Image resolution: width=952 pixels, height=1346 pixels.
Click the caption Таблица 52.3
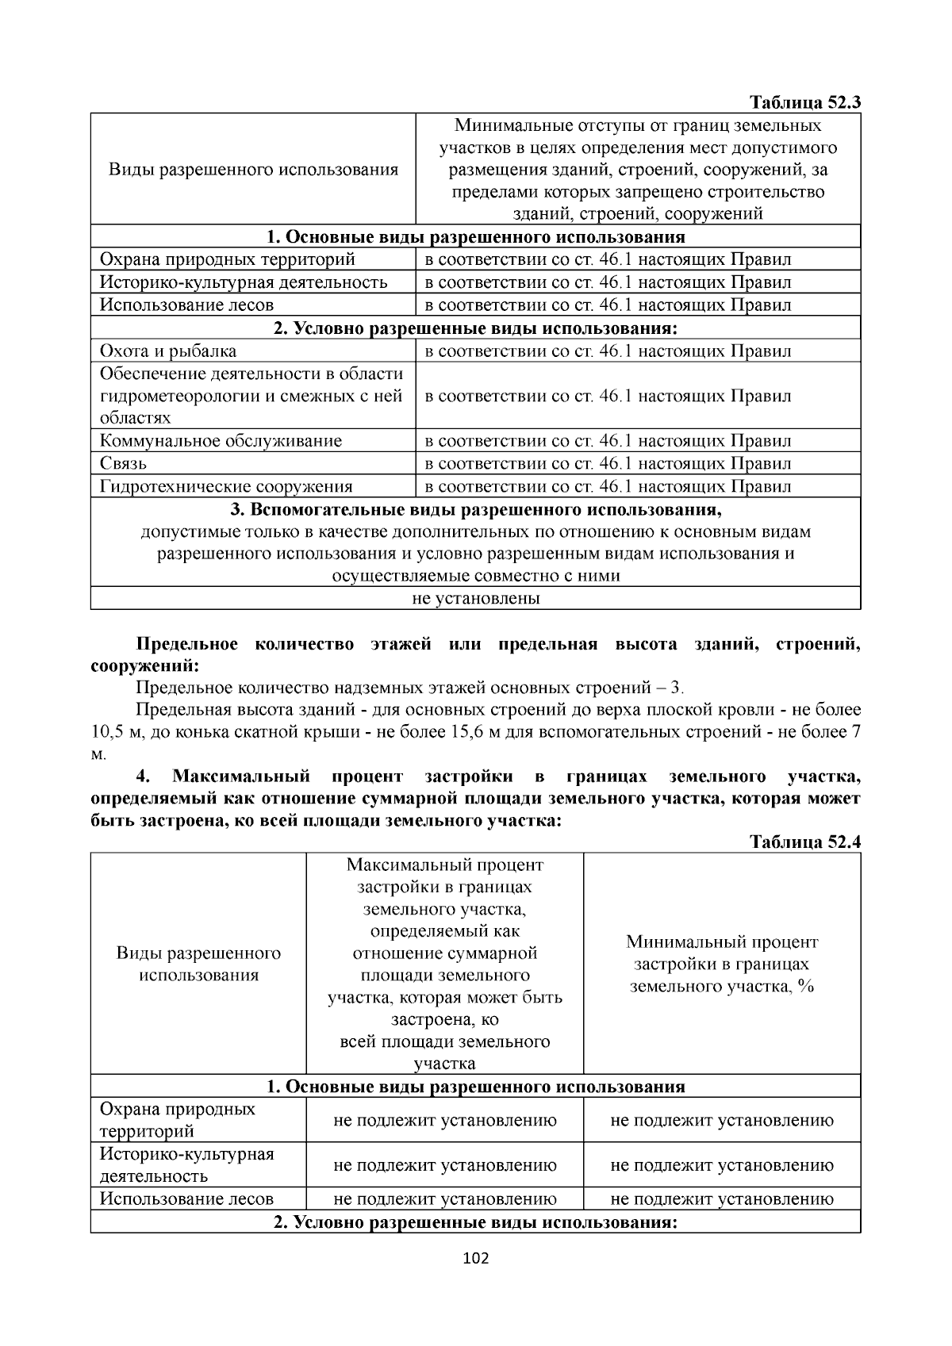804,102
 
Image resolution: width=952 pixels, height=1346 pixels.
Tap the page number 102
476,1258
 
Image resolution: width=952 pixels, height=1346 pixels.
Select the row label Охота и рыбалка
168,351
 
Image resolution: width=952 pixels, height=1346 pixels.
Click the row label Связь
123,463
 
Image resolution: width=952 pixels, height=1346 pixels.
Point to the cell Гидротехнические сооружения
226,486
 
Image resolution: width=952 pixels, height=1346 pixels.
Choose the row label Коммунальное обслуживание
221,441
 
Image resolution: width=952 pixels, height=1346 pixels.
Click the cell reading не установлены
476,598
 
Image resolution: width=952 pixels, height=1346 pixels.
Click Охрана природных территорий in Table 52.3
227,259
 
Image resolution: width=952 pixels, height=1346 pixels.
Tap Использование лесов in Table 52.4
186,1198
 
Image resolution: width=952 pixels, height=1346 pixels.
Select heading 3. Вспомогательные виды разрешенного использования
476,508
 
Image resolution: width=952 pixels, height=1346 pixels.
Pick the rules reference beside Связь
608,463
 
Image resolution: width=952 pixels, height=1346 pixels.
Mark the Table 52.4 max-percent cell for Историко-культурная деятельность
445,1165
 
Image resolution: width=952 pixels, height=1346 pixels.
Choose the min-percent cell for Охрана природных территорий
722,1120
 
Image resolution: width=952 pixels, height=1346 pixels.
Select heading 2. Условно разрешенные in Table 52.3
476,328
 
